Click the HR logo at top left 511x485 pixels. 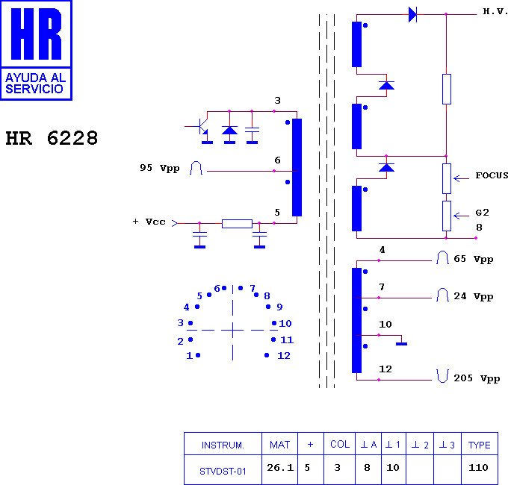tap(36, 35)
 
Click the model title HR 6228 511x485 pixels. tap(52, 139)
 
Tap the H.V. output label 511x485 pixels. tap(495, 12)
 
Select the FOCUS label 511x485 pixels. tap(492, 176)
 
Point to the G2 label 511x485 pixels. tap(482, 213)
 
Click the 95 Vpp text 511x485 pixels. tap(159, 169)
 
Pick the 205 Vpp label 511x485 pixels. tap(476, 379)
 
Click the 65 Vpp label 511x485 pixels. tap(473, 260)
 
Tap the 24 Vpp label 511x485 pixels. tap(473, 297)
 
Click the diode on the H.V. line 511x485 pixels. tap(412, 14)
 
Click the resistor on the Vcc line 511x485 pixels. tap(237, 223)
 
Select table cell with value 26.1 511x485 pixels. tap(279, 468)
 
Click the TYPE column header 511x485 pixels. tap(479, 445)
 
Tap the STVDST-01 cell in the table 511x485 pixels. tap(223, 471)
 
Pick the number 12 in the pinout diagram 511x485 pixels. tap(283, 356)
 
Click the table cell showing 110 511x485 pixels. tap(479, 468)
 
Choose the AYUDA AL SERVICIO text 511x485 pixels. tap(35, 83)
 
